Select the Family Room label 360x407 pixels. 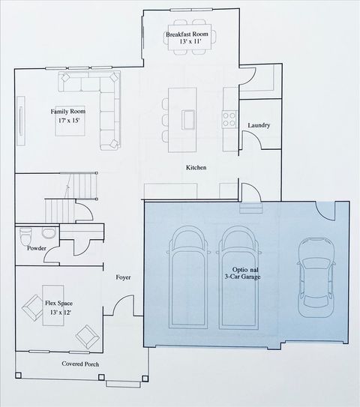click(65, 112)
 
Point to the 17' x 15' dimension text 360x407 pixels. click(65, 121)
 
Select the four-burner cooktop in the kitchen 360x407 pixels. click(227, 117)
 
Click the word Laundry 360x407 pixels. click(258, 125)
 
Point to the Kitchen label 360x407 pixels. click(196, 168)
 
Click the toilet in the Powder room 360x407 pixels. click(26, 232)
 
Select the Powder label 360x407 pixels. click(37, 248)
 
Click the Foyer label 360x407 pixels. click(123, 277)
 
